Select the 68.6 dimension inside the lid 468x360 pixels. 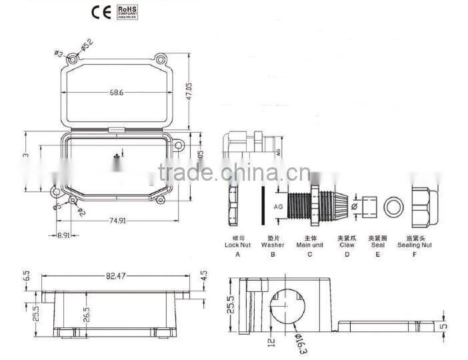tap(116, 92)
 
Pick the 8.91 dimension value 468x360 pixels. tap(65, 235)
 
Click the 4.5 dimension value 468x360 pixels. tap(204, 275)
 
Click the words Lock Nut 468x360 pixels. tap(237, 245)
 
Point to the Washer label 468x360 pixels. tap(273, 245)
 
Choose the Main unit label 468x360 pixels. tap(309, 245)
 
